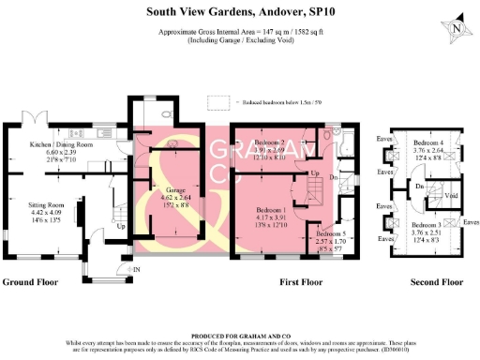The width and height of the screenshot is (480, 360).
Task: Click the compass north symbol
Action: [x=456, y=29]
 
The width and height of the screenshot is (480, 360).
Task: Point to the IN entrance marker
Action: [x=136, y=269]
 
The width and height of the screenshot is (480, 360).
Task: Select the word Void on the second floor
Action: [x=448, y=196]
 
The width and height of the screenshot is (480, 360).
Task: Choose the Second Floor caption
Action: [x=426, y=281]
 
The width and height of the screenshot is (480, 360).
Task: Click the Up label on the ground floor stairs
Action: [x=121, y=226]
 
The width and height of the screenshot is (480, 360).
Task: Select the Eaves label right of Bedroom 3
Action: [x=469, y=222]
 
